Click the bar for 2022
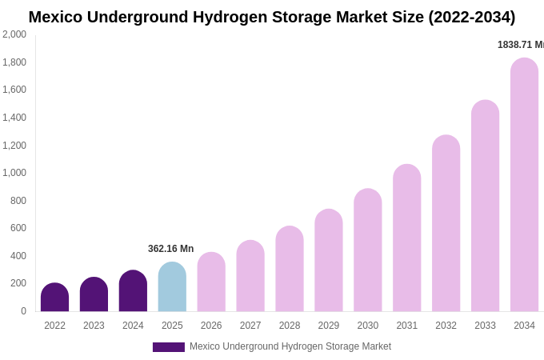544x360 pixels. (x=54, y=298)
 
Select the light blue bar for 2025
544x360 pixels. (x=172, y=287)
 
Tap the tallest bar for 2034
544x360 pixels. (x=524, y=185)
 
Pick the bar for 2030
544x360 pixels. (x=368, y=250)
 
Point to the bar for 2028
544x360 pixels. (x=290, y=269)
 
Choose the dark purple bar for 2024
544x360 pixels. (x=133, y=291)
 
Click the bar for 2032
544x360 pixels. (x=446, y=223)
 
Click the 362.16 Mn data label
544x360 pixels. (x=170, y=249)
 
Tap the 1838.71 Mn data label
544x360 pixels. (x=520, y=45)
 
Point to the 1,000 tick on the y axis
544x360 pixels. (x=14, y=173)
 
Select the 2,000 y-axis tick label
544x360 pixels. (x=14, y=34)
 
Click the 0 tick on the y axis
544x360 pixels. (x=23, y=311)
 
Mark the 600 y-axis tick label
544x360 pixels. (x=18, y=228)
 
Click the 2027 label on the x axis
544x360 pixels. (x=250, y=326)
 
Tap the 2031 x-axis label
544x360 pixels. (x=406, y=326)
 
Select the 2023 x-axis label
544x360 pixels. (x=94, y=326)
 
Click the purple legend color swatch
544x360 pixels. (x=168, y=347)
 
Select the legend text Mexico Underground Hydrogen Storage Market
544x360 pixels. (x=290, y=346)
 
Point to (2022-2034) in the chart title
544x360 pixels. (x=472, y=17)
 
